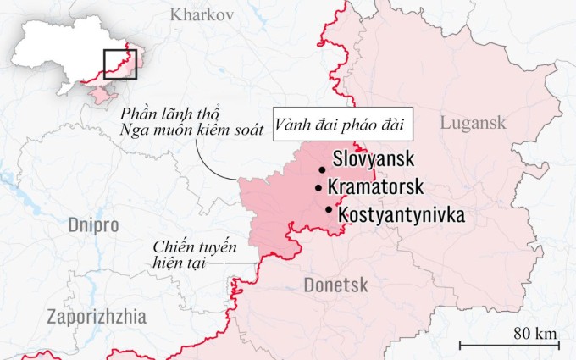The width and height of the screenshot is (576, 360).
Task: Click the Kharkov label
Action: click(x=202, y=14)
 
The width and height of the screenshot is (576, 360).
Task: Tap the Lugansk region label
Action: click(x=473, y=123)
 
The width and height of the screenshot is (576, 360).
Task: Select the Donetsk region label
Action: click(x=335, y=285)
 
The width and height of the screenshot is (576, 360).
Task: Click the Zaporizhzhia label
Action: click(x=97, y=317)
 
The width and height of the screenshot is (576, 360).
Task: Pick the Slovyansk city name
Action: click(x=375, y=158)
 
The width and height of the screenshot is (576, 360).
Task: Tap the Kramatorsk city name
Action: click(x=379, y=187)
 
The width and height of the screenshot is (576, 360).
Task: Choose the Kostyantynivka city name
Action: click(x=401, y=215)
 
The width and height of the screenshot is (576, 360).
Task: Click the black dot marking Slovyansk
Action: click(x=323, y=169)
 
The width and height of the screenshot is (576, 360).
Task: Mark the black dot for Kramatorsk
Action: click(x=318, y=188)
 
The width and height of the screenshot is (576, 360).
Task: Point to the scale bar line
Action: click(x=509, y=345)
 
